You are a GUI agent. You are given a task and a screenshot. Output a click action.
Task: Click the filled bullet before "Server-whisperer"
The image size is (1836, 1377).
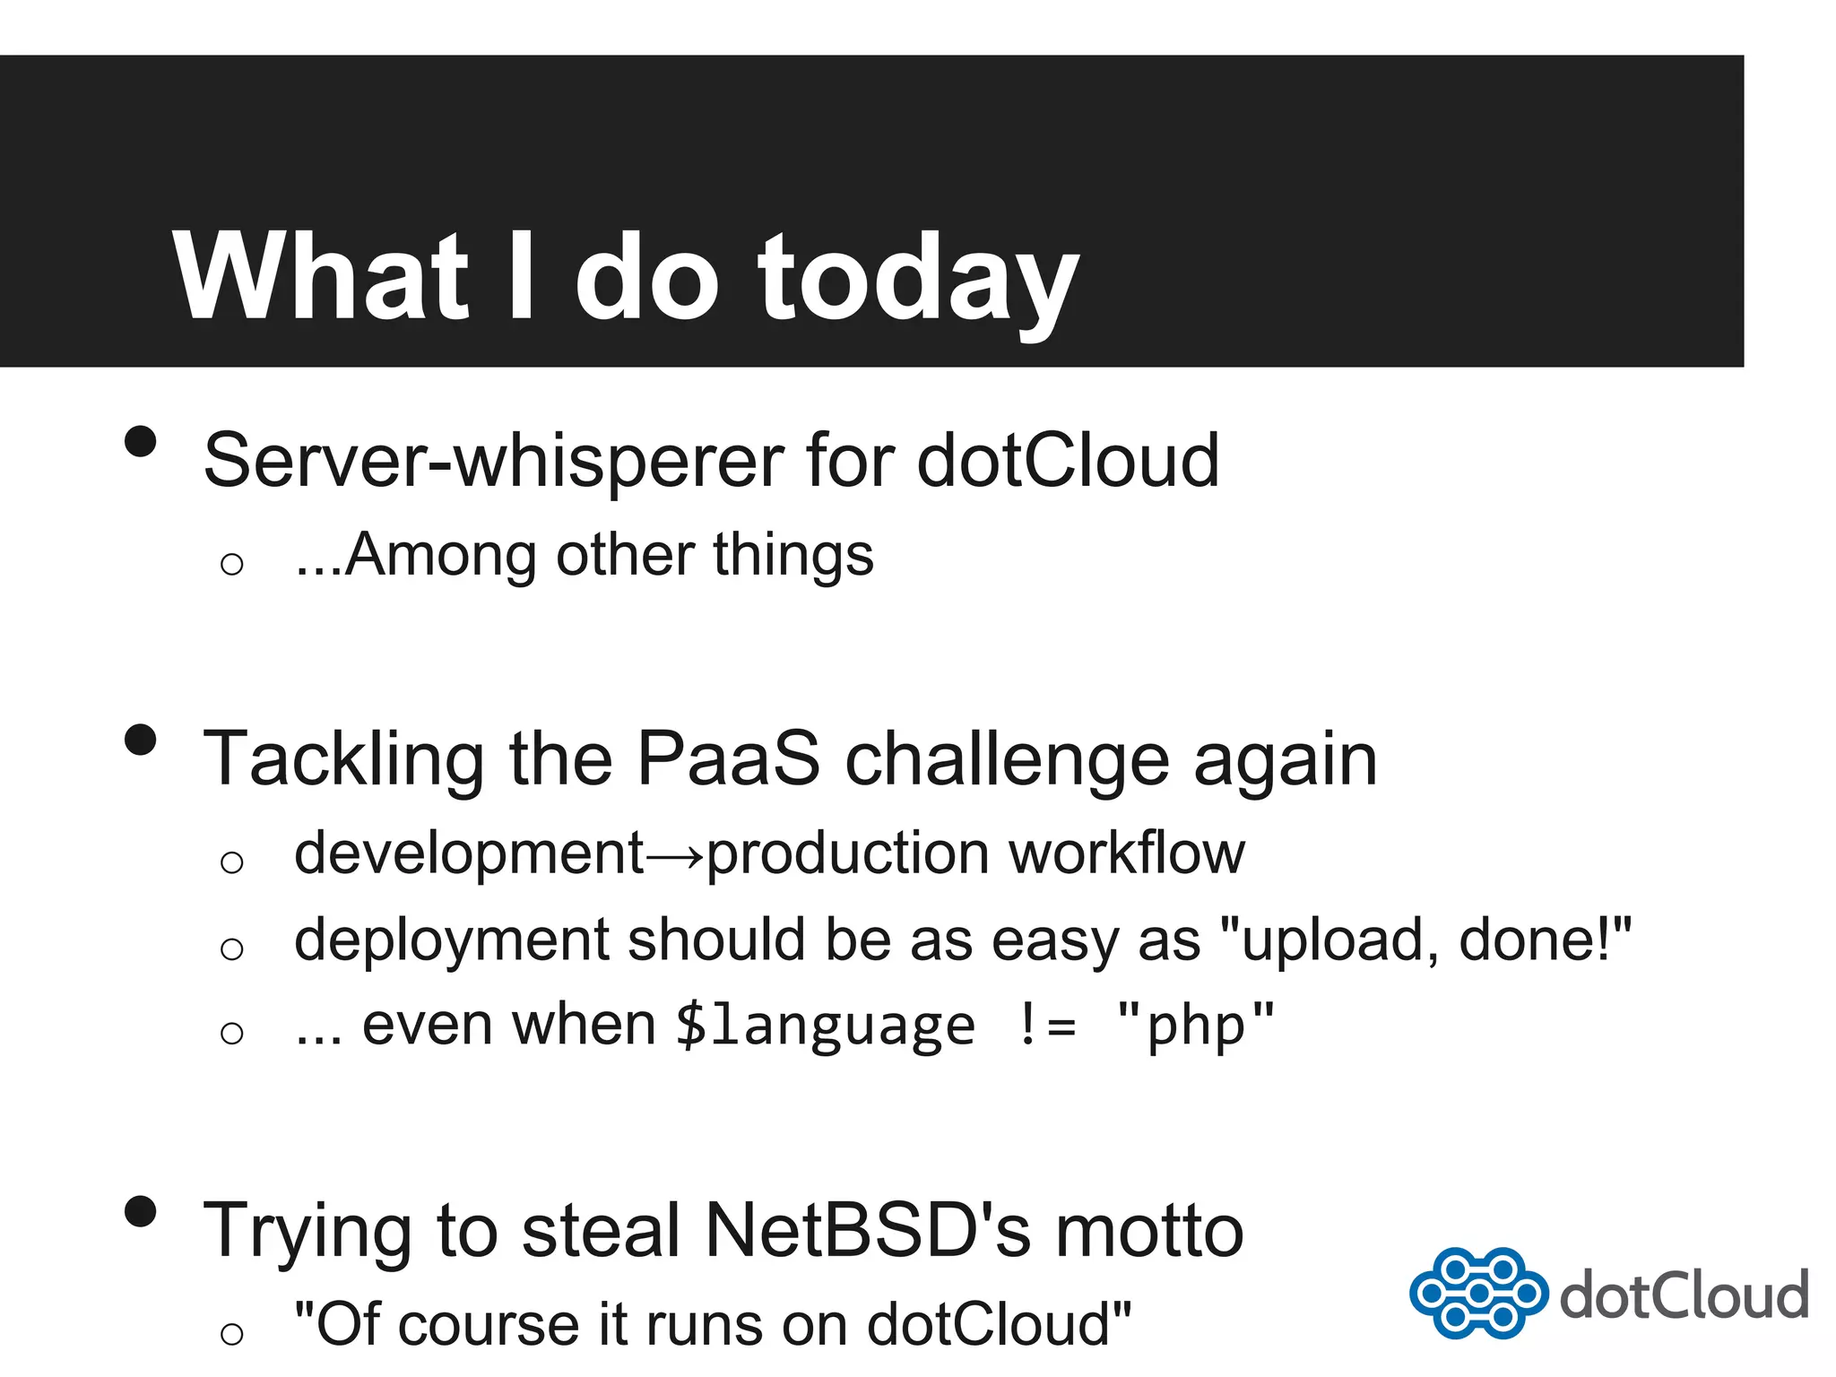point(141,442)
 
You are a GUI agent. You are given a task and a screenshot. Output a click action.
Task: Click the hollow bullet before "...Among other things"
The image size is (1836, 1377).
point(231,564)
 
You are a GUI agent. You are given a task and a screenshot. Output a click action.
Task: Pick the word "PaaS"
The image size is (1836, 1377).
point(728,758)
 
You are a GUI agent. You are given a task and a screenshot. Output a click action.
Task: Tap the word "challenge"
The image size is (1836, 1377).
point(1007,760)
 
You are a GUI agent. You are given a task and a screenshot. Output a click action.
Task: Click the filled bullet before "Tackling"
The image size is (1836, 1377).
point(141,740)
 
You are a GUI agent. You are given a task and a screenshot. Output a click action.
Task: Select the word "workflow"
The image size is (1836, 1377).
point(1127,853)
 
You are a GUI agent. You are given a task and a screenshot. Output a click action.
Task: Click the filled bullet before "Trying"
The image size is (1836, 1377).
point(141,1211)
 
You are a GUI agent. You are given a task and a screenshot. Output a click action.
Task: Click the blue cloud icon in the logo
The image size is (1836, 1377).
point(1477,1293)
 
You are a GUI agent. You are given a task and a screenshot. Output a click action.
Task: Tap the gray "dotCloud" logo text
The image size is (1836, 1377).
point(1684,1295)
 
